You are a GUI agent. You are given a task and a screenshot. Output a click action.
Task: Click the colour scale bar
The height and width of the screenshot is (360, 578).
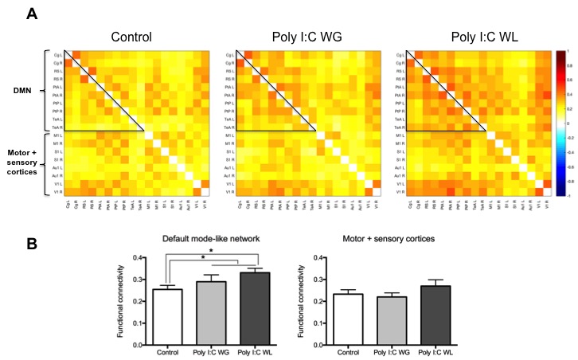[x=561, y=123]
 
